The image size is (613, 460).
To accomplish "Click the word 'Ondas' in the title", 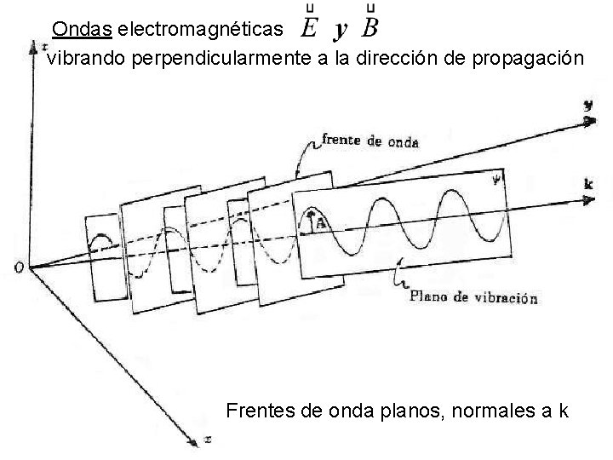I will [x=82, y=30].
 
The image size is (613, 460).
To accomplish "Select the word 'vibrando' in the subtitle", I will [x=77, y=60].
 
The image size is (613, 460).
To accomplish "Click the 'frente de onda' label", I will [x=370, y=141].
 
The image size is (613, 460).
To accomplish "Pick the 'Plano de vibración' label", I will [x=473, y=298].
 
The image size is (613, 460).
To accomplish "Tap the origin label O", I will [x=19, y=268].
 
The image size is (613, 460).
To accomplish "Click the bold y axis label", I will [x=588, y=106].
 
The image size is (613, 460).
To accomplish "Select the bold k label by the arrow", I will [x=588, y=184].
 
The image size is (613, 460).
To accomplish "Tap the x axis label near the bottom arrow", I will [x=208, y=441].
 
